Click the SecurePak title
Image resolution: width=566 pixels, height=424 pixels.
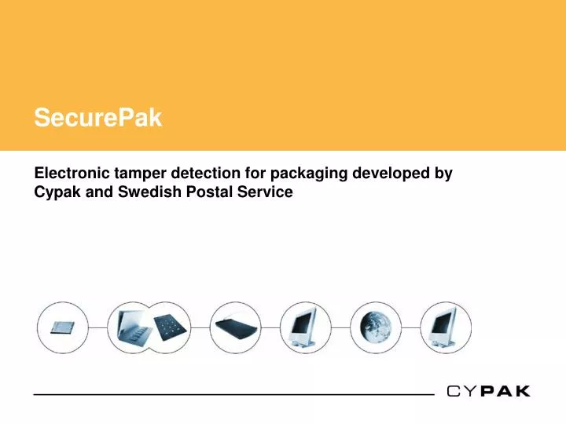click(97, 119)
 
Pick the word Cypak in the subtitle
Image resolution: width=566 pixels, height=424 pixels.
click(58, 192)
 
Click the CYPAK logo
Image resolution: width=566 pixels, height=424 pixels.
click(487, 391)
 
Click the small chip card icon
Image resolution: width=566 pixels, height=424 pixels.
click(63, 327)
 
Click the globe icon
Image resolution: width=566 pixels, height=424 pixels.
click(374, 327)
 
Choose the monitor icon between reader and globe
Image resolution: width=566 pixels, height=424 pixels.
click(305, 327)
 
